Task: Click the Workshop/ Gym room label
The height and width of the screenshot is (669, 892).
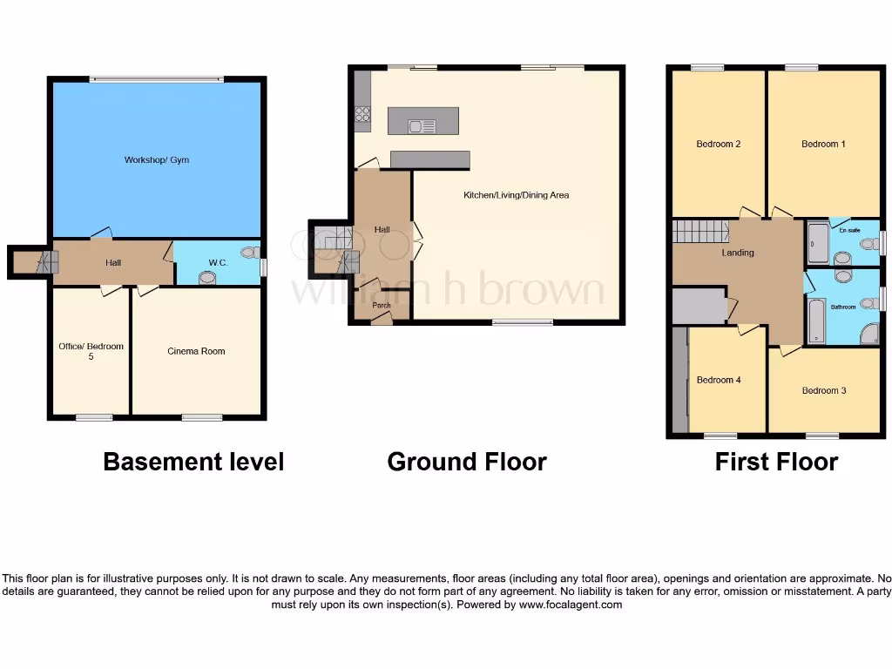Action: (x=157, y=160)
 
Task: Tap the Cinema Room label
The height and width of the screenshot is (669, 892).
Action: (x=196, y=351)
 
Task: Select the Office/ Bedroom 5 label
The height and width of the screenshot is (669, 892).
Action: (x=91, y=351)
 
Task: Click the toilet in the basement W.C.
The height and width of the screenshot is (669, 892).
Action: (x=251, y=253)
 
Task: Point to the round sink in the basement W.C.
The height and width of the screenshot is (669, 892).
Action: (x=207, y=278)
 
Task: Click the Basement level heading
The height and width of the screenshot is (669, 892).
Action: (x=193, y=462)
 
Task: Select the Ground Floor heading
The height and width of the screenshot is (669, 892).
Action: (x=467, y=462)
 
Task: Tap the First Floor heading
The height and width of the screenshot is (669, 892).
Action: (x=776, y=462)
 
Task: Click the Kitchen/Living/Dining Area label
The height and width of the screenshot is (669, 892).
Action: (x=516, y=195)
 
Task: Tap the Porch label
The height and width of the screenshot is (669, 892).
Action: (x=382, y=306)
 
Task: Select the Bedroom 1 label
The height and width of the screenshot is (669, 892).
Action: (x=823, y=144)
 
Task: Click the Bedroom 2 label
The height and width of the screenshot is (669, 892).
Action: (x=719, y=144)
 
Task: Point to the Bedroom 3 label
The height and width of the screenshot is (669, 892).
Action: (x=823, y=390)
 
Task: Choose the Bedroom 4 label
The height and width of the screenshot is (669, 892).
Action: (x=719, y=380)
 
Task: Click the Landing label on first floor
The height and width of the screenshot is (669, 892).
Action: (x=738, y=253)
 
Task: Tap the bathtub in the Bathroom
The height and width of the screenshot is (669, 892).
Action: (x=816, y=321)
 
